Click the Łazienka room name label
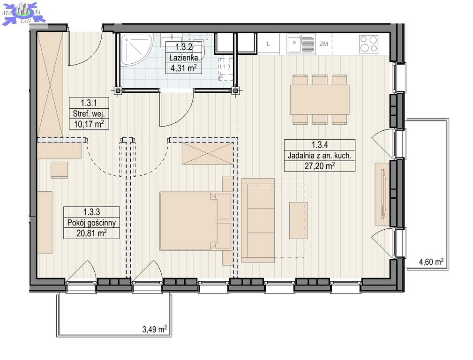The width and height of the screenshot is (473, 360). [183, 57]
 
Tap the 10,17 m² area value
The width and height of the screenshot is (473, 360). [89, 124]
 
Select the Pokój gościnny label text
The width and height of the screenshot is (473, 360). [92, 223]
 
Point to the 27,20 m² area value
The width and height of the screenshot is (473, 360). [319, 165]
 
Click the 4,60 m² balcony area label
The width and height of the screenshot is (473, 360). [431, 261]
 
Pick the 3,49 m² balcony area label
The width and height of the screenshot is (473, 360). [154, 329]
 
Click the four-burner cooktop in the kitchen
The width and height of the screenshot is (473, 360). [368, 44]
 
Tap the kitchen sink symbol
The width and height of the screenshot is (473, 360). [300, 44]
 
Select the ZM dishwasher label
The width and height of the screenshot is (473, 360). [323, 44]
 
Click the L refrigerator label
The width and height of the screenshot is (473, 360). [268, 44]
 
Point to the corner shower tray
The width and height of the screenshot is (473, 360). [136, 50]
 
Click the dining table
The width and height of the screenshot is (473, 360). [319, 99]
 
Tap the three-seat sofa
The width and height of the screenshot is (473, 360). [258, 220]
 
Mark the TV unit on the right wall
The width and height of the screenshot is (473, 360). [382, 194]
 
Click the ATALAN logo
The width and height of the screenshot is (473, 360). [23, 13]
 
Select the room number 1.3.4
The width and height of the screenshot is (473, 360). [319, 145]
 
